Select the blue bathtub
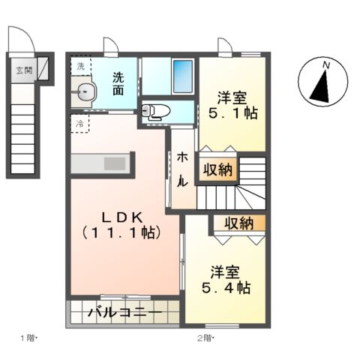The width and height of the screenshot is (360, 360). (x=182, y=76)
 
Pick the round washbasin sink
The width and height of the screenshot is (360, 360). (x=86, y=93)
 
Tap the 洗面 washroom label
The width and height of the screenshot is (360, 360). (x=119, y=83)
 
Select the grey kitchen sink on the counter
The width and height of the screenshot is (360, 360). (x=115, y=163)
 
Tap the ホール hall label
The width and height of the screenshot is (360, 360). (x=181, y=169)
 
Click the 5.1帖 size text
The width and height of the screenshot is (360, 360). (x=232, y=115)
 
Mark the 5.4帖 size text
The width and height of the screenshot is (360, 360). (x=226, y=288)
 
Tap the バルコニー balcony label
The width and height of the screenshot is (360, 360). (x=124, y=312)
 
